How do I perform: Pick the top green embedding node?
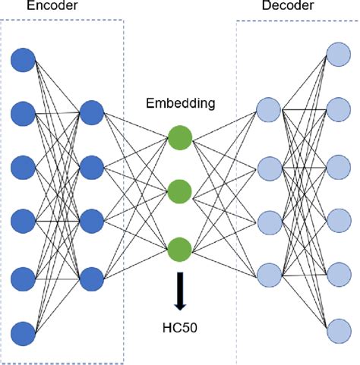click(x=180, y=139)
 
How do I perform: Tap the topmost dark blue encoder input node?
click(x=24, y=59)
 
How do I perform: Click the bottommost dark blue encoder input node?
click(x=24, y=332)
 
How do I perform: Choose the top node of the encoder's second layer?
click(x=91, y=112)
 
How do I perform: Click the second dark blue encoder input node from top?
click(x=24, y=114)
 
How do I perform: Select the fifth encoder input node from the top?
click(x=24, y=278)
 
